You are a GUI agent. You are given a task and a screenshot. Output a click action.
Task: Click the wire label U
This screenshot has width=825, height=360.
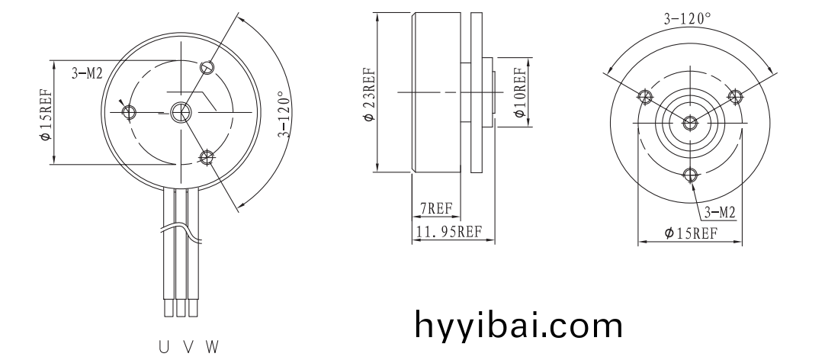tap(164, 347)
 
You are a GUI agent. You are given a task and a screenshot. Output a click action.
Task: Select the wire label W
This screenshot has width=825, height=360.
tap(212, 347)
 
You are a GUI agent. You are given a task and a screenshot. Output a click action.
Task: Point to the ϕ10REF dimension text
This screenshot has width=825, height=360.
tap(520, 92)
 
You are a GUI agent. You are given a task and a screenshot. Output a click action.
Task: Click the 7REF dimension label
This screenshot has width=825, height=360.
tap(435, 209)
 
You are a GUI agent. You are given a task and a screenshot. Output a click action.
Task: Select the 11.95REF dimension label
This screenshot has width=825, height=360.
tap(449, 232)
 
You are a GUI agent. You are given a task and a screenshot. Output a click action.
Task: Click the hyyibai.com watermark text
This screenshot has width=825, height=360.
tap(518, 325)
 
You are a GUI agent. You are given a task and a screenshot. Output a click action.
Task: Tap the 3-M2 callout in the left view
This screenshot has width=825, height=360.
tap(87, 74)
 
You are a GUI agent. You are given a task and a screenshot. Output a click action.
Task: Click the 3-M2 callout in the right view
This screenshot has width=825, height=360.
tap(719, 213)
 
